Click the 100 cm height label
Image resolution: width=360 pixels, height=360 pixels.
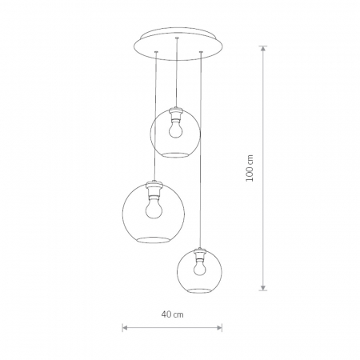click(x=250, y=168)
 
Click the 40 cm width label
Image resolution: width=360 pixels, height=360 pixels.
click(x=172, y=314)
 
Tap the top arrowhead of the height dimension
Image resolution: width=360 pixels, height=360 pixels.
click(x=263, y=49)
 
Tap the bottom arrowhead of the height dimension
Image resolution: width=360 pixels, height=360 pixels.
click(x=263, y=287)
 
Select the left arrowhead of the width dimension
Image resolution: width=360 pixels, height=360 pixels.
click(x=125, y=327)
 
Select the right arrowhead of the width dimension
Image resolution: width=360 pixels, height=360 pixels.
click(x=219, y=327)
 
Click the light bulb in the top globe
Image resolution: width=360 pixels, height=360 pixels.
click(x=174, y=129)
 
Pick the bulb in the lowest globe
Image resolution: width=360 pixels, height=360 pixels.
click(x=198, y=267)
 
